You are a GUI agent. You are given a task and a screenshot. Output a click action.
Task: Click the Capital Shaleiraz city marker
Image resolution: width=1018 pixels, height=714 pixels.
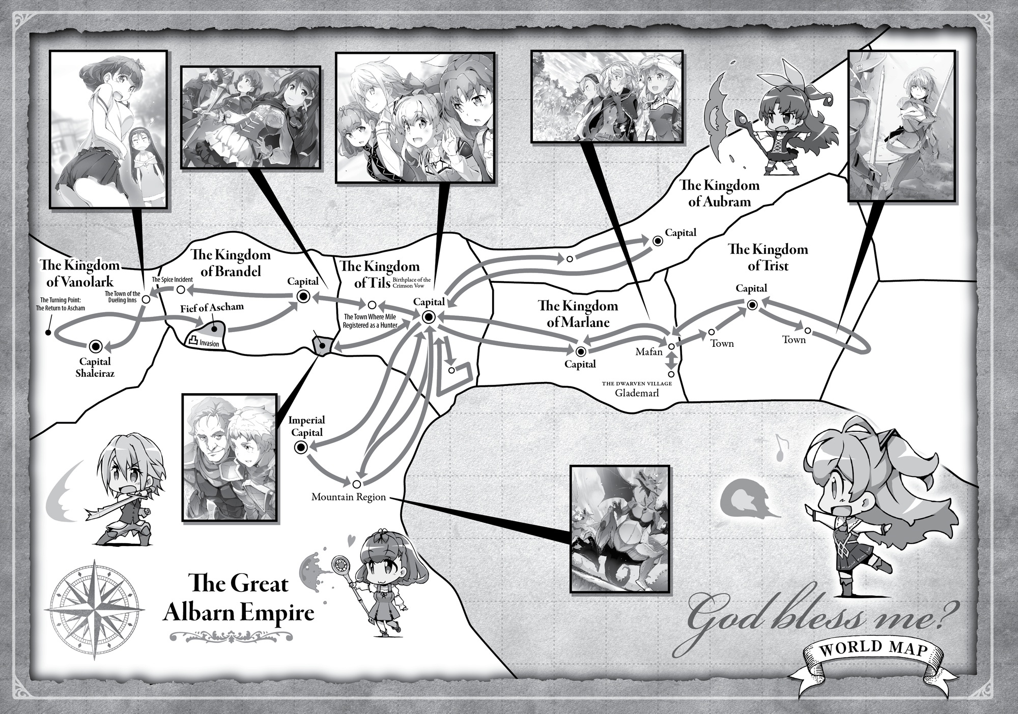tap(95, 346)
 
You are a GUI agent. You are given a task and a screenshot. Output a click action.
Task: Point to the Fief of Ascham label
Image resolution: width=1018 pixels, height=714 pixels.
tap(212, 307)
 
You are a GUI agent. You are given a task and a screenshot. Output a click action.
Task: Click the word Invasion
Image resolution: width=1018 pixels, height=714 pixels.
tap(209, 344)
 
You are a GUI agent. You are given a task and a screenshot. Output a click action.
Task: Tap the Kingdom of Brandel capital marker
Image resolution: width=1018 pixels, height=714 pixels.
tap(303, 296)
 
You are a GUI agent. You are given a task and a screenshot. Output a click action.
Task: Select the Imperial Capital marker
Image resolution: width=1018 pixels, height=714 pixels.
tap(300, 448)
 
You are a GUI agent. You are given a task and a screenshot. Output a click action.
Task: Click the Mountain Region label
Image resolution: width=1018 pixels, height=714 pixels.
tap(349, 497)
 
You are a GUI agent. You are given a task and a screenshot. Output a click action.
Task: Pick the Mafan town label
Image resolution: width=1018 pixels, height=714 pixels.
tap(649, 351)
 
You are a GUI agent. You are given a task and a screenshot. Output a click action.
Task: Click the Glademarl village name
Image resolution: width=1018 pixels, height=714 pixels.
tap(637, 393)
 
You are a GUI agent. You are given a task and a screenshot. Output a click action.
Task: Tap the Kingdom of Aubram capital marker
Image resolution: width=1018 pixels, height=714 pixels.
tap(657, 241)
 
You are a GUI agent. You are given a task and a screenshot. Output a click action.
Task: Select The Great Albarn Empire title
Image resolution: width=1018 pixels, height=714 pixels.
tap(238, 598)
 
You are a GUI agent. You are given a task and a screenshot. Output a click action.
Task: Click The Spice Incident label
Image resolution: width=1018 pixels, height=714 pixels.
tap(172, 280)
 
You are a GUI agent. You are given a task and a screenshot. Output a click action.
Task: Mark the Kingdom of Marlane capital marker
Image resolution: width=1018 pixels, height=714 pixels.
tap(580, 351)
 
